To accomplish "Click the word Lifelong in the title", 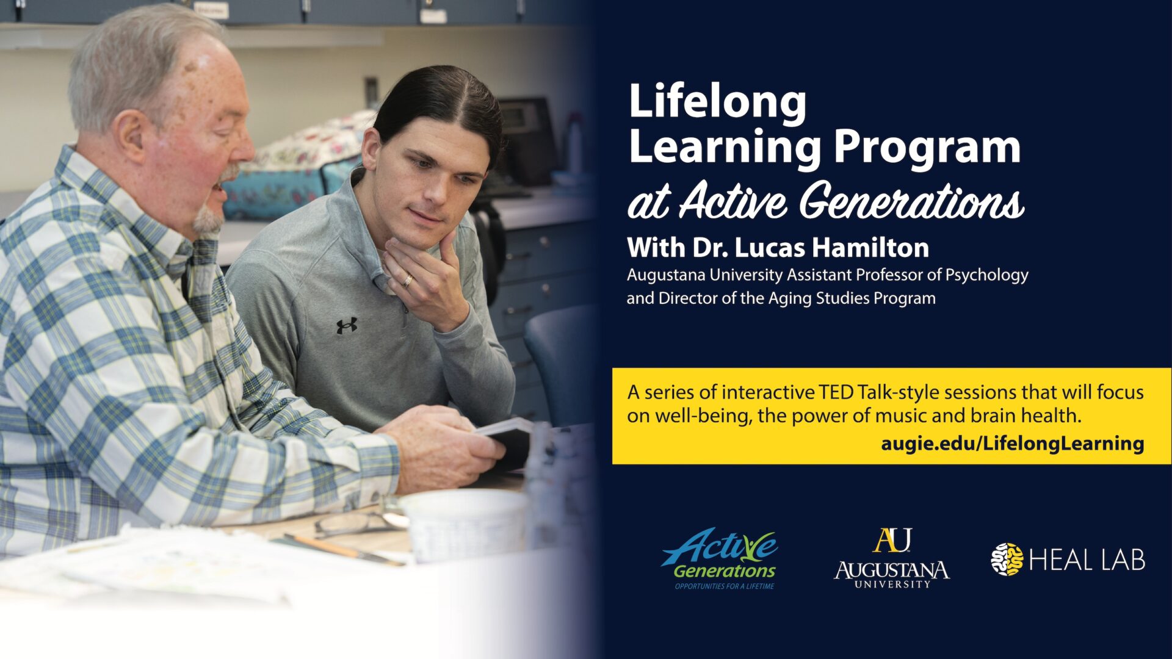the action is [717, 102].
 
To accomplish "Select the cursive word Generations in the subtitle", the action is [912, 200].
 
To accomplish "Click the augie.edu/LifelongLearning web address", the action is [1012, 443].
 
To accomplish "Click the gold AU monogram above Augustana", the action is [892, 541].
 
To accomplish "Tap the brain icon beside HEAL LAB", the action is [1007, 559].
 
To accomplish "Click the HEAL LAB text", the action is [1087, 560].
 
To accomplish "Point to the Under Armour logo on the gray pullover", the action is [347, 326].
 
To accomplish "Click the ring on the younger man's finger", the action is [407, 281].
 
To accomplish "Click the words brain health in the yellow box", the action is [1025, 416].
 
